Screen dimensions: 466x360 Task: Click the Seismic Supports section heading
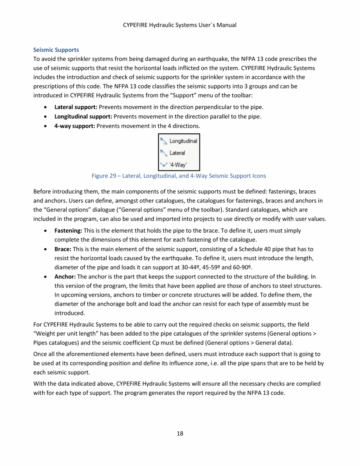56,50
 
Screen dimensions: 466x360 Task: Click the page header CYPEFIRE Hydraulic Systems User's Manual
180,25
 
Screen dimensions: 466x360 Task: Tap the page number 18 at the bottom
180,433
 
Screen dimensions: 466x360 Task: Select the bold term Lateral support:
76,107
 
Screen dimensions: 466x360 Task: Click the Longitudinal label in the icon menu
183,141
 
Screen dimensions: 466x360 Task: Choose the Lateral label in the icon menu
177,153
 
